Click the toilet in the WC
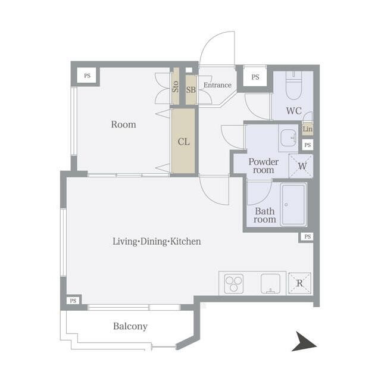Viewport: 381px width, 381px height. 293,86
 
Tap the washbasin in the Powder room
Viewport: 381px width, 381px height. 288,138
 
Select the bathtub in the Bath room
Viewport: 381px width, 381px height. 293,205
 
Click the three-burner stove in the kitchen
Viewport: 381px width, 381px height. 233,283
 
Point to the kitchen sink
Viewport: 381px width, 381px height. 270,283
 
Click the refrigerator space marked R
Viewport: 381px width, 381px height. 300,283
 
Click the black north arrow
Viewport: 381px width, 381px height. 304,342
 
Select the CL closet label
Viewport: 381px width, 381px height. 183,142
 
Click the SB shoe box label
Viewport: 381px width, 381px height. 191,90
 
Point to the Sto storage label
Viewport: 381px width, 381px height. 175,87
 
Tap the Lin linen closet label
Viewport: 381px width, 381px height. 308,129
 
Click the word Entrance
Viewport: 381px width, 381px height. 217,85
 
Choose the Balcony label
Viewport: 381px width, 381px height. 130,326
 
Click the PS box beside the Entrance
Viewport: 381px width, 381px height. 255,77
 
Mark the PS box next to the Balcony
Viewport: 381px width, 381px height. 73,301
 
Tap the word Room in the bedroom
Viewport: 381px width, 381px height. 123,124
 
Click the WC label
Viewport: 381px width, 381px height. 294,111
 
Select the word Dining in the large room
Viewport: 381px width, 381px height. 154,242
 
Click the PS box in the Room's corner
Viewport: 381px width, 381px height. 88,76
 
